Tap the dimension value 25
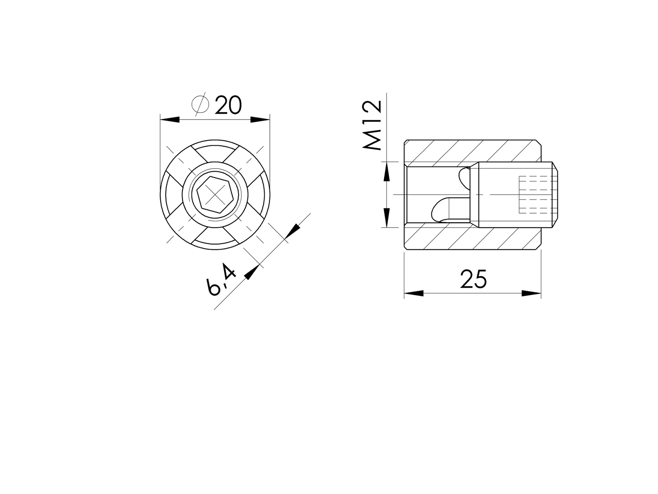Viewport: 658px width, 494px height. click(x=473, y=279)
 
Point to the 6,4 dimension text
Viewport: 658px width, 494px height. click(x=222, y=280)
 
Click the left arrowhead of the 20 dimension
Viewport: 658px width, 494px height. click(x=170, y=119)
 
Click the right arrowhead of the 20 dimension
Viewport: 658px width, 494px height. click(x=260, y=119)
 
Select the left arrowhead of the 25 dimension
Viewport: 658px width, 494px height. click(x=414, y=293)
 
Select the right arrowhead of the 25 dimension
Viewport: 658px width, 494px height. click(x=531, y=293)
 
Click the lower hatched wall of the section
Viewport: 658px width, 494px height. click(x=470, y=239)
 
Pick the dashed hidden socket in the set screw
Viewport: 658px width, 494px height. click(x=535, y=195)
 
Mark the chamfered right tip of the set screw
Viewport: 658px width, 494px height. click(x=556, y=195)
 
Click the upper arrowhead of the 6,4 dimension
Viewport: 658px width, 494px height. click(x=292, y=232)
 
